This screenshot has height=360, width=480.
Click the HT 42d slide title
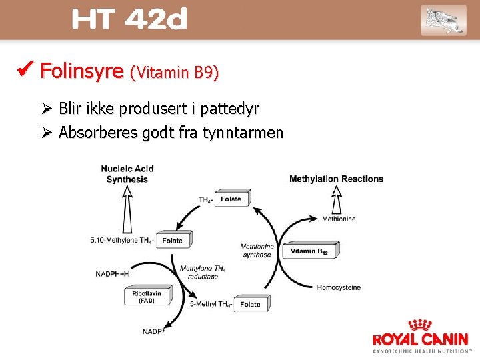(129, 20)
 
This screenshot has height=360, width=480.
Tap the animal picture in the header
(443, 20)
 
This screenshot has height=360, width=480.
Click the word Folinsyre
(82, 71)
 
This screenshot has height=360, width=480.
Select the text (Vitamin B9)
(175, 73)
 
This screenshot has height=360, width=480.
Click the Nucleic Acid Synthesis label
(127, 173)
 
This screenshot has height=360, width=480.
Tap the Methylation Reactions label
(336, 179)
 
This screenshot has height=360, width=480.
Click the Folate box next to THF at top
(232, 199)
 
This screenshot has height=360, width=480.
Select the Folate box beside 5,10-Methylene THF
(173, 240)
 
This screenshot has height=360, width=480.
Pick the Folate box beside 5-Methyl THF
(251, 304)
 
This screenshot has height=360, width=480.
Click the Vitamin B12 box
(310, 251)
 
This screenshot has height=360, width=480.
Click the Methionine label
(339, 218)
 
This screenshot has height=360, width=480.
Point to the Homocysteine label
(339, 287)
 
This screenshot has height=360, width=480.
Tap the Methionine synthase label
(257, 251)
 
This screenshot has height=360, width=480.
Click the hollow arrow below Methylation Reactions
(337, 199)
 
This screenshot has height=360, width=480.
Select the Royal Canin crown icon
(420, 325)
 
